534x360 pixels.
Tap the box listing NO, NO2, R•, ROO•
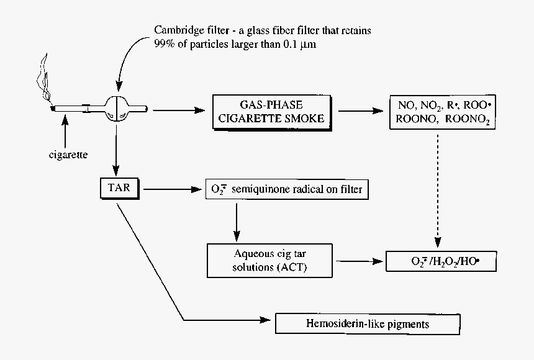click(443, 112)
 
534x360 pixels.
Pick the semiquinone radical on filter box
click(287, 189)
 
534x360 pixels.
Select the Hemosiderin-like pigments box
click(367, 324)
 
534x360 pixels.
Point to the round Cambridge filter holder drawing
click(118, 109)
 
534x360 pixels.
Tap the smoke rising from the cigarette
click(43, 78)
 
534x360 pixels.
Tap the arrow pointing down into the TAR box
click(116, 149)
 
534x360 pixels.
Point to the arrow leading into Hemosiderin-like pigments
click(230, 322)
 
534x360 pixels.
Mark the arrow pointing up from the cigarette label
click(64, 130)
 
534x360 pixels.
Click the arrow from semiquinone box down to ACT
click(237, 220)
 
